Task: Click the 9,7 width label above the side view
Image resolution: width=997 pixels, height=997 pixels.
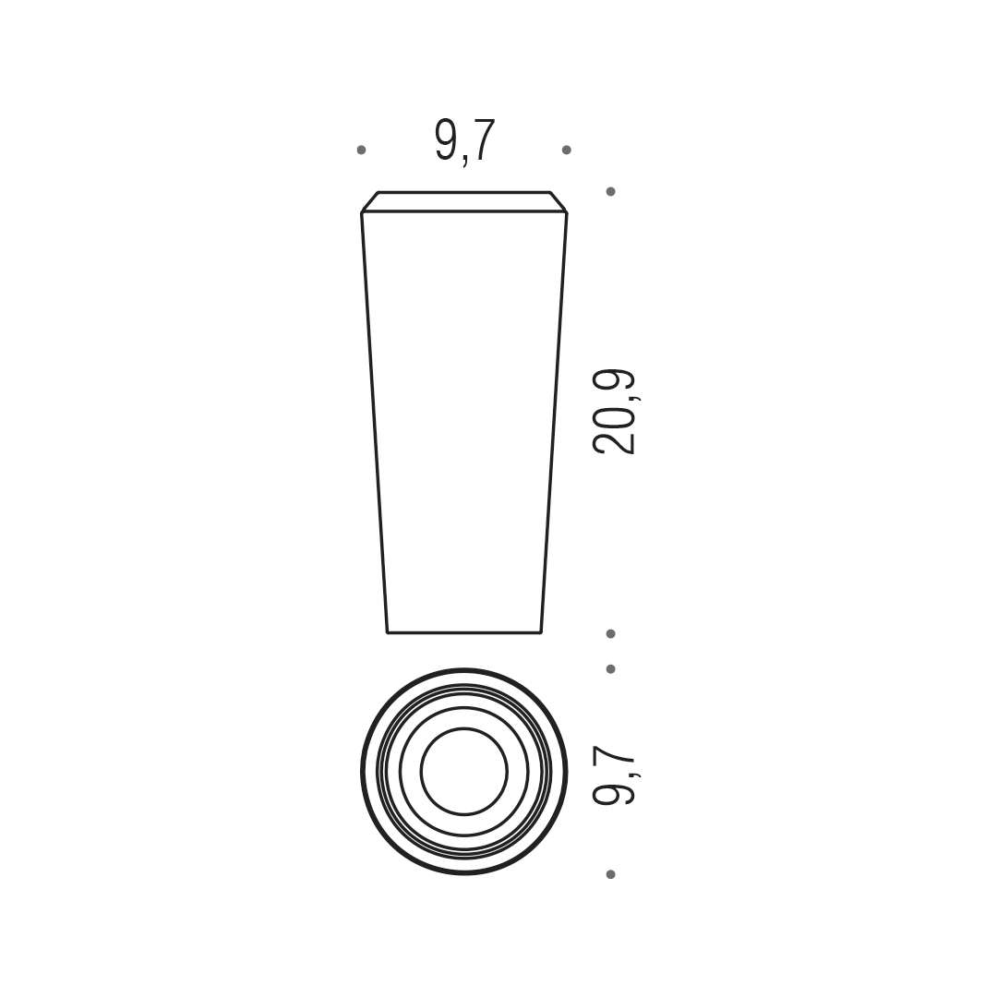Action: [x=464, y=142]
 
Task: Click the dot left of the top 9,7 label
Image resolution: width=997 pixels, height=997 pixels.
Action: [x=361, y=150]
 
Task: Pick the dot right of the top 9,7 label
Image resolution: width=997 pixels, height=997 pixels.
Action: [x=567, y=150]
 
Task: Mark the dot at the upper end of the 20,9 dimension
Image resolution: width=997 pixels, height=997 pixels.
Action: [x=610, y=191]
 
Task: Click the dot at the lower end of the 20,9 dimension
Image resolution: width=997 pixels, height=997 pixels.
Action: [x=610, y=634]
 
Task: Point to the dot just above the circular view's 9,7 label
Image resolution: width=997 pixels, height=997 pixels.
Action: [x=610, y=669]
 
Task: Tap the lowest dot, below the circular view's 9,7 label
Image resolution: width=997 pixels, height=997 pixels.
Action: [x=610, y=875]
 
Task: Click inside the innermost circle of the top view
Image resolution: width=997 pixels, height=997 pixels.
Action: [x=464, y=771]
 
